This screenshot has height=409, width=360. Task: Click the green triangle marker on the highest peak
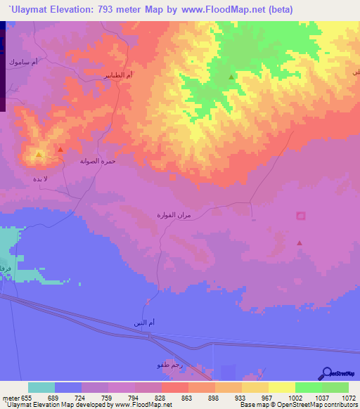(231, 77)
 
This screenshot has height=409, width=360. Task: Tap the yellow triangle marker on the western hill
(39, 154)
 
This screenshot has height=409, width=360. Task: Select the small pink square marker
(301, 215)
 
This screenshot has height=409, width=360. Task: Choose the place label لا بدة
(41, 179)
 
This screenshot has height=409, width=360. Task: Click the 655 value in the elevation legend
(28, 397)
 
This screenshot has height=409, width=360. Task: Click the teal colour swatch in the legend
(41, 387)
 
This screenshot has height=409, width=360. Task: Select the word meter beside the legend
(12, 397)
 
